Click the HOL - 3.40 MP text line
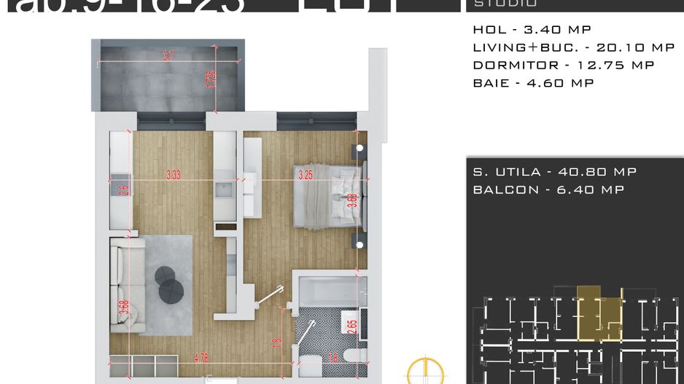coord(532,30)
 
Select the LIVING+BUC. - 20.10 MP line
coord(573,47)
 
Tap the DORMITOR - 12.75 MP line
coord(563,65)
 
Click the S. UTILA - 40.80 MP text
coord(554,172)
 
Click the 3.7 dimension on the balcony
coord(168,55)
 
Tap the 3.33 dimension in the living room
coord(174,175)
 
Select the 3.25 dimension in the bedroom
coord(306,175)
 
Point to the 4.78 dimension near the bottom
coord(202,358)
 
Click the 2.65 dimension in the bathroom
coord(353,325)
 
